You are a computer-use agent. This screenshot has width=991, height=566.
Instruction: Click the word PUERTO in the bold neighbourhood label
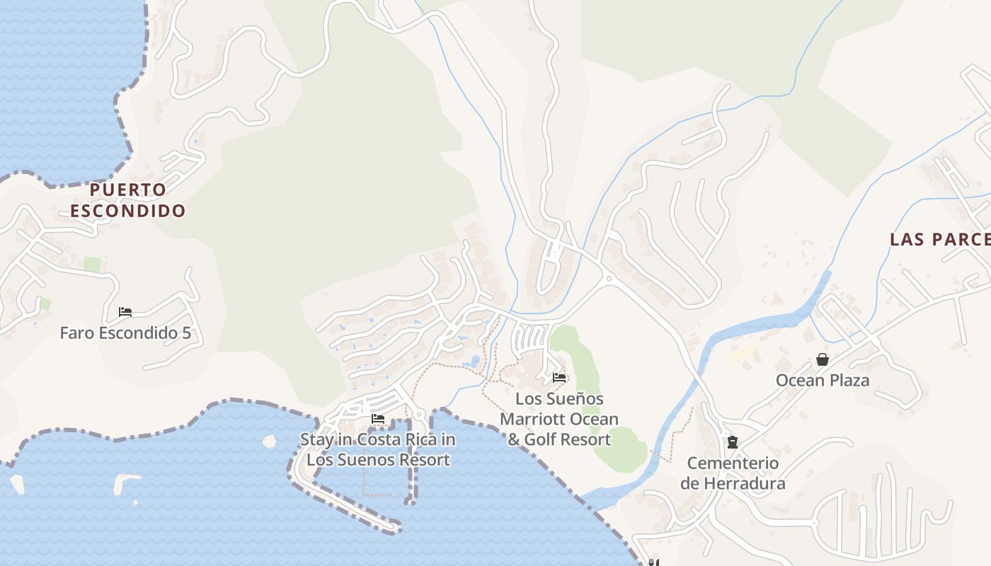128,190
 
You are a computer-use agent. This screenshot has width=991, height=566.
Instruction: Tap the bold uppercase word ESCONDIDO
128,211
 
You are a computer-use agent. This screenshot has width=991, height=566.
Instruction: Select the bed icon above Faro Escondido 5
125,312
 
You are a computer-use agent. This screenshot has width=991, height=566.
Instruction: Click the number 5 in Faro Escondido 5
186,333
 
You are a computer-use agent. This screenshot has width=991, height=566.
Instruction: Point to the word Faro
75,333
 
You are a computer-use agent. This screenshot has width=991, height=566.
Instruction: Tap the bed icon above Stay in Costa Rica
378,419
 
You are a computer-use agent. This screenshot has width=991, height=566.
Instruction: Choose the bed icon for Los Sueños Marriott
559,377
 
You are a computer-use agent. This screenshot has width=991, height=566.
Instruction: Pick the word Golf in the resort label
545,439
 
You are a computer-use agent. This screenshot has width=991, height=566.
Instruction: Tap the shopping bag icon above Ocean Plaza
823,359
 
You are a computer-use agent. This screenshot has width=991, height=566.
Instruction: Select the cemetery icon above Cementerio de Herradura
733,442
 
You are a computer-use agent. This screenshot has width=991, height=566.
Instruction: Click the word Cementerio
733,463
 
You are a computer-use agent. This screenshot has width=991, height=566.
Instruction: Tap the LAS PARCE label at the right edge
940,239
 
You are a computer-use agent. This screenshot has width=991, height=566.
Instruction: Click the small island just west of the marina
269,442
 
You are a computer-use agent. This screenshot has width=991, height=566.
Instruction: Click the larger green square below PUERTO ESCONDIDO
92,265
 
